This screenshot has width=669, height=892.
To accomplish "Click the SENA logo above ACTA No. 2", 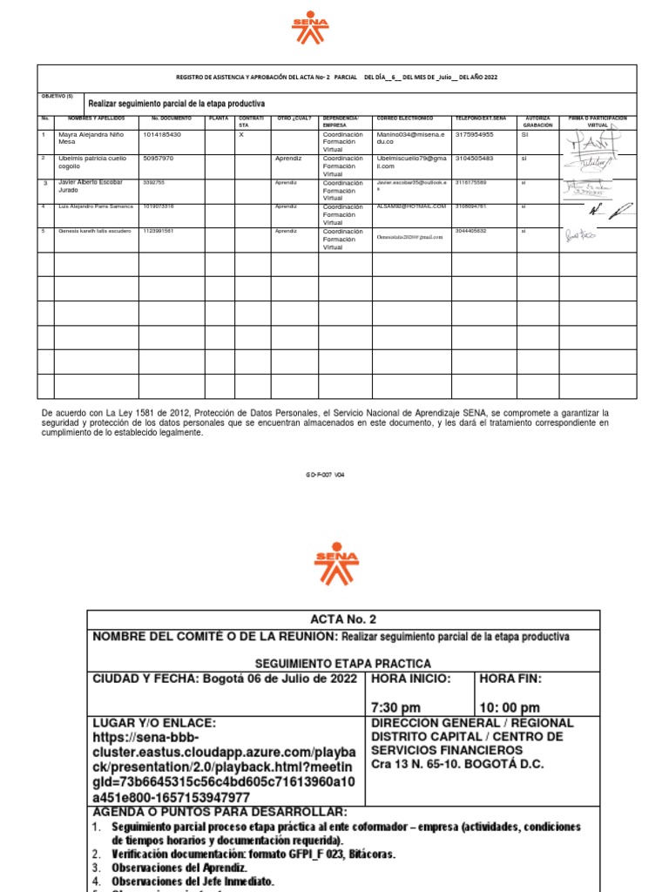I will click(x=335, y=564).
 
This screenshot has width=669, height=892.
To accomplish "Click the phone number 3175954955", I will click(x=474, y=135).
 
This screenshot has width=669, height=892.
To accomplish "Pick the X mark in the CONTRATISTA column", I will click(x=241, y=135).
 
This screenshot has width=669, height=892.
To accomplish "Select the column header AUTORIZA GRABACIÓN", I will click(x=538, y=121).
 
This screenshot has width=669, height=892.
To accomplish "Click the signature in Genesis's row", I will click(x=581, y=235).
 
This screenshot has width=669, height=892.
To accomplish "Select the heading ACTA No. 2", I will click(x=343, y=619).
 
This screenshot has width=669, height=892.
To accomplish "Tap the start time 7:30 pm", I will click(x=396, y=707).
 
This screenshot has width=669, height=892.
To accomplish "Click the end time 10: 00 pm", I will click(x=510, y=707).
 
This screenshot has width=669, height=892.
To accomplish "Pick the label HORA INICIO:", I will click(x=411, y=679).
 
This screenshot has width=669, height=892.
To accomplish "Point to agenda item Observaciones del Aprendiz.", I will click(x=179, y=868).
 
